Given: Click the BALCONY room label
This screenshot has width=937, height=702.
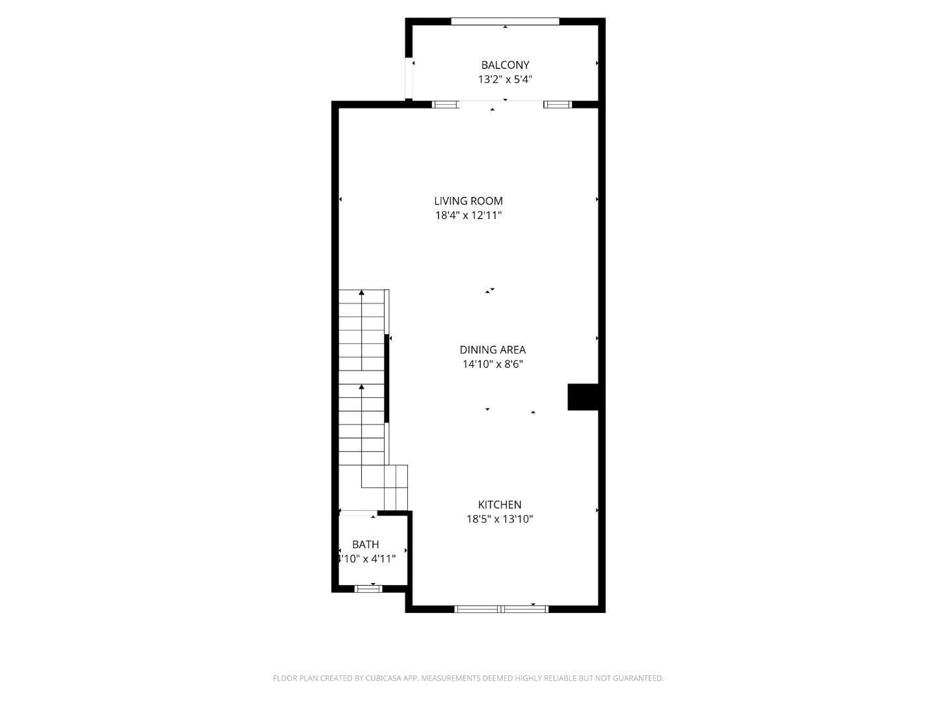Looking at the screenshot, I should [x=505, y=65].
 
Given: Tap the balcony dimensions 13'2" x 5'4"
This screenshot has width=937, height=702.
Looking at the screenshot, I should [x=505, y=79].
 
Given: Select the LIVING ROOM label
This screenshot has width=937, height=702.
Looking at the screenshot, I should [x=468, y=201].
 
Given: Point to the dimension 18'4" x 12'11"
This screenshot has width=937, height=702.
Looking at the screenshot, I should [x=468, y=215].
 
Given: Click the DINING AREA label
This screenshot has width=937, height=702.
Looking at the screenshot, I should [x=493, y=350].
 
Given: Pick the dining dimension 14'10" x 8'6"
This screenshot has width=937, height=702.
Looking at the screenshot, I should [x=493, y=364].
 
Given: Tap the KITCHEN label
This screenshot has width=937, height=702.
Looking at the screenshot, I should [x=500, y=504].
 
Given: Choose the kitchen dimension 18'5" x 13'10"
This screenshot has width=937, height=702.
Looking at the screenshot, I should [x=500, y=519].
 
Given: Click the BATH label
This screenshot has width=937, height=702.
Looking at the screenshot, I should [x=366, y=544].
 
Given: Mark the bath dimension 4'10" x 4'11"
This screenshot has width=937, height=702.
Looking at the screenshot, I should [x=366, y=558].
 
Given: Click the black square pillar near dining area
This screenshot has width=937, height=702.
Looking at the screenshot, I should [x=583, y=397].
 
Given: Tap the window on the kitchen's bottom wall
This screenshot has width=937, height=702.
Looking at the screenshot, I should [x=501, y=609].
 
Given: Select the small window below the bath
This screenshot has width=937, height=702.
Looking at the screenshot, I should [x=368, y=589].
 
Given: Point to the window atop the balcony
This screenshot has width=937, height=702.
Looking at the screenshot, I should [x=505, y=21].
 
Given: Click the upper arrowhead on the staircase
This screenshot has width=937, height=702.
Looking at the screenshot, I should [x=362, y=293].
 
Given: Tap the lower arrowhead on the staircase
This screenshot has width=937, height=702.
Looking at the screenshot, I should [x=362, y=387].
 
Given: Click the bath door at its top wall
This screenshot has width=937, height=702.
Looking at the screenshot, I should [x=359, y=513].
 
